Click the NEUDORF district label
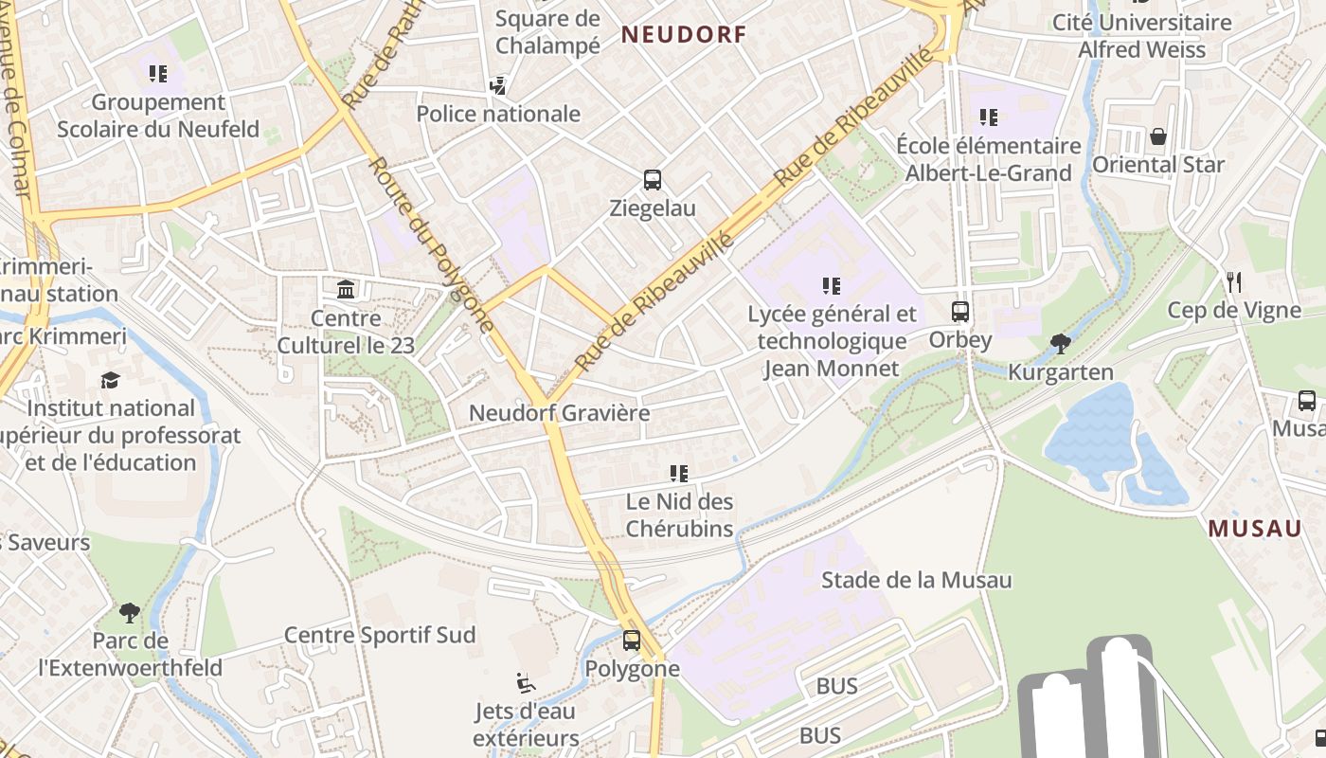[x=684, y=35]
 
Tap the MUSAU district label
[x=1255, y=529]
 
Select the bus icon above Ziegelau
[x=653, y=180]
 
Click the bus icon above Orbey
[x=960, y=312]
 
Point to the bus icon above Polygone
[x=632, y=641]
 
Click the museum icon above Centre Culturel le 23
[x=346, y=289]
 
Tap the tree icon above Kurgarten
[x=1061, y=344]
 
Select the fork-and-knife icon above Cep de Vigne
[x=1233, y=281]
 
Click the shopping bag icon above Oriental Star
[x=1157, y=136]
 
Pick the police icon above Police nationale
[x=498, y=86]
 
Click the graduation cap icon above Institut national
[x=111, y=380]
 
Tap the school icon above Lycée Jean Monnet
[x=831, y=285]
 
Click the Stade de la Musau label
[x=916, y=580]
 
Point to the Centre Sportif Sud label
[x=380, y=635]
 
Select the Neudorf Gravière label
[x=560, y=413]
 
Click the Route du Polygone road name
[x=432, y=244]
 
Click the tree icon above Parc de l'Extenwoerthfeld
[x=130, y=613]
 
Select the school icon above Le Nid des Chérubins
[x=678, y=473]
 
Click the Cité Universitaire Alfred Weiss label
[x=1142, y=35]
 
